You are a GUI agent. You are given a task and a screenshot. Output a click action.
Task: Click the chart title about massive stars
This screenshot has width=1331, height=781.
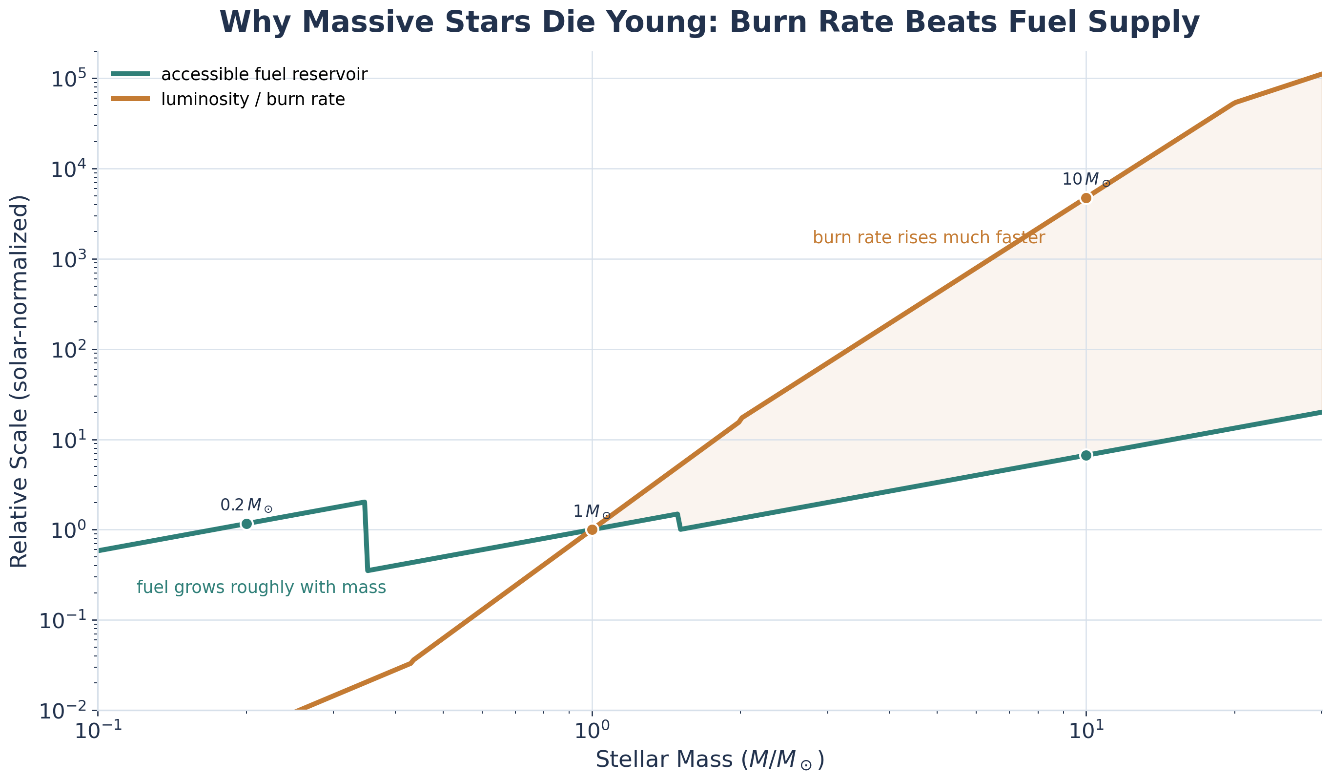pyautogui.click(x=709, y=23)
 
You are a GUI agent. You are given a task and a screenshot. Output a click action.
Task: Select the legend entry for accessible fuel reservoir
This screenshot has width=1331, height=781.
pyautogui.click(x=264, y=75)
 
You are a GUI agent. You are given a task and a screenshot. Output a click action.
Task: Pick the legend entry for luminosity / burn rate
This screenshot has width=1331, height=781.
pyautogui.click(x=252, y=99)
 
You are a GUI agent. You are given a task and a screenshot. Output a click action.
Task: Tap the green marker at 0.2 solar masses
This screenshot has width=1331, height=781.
pyautogui.click(x=246, y=524)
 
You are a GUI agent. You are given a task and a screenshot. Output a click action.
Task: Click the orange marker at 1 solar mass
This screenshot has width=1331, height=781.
pyautogui.click(x=592, y=529)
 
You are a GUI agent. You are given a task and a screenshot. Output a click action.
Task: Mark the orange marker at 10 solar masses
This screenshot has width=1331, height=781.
pyautogui.click(x=1086, y=198)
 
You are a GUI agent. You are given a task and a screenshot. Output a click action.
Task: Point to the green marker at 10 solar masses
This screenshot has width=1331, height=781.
pyautogui.click(x=1086, y=456)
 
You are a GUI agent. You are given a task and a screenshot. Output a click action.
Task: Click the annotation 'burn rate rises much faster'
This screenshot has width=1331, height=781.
pyautogui.click(x=928, y=238)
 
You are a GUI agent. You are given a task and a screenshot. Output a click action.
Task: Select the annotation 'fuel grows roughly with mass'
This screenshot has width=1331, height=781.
pyautogui.click(x=261, y=588)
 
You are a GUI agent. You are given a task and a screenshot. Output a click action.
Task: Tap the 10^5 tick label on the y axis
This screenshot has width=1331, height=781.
pyautogui.click(x=68, y=80)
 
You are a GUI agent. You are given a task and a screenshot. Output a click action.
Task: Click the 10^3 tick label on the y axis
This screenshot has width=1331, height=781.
pyautogui.click(x=68, y=260)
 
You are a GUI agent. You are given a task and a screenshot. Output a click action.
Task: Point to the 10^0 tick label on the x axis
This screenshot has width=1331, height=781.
pyautogui.click(x=592, y=731)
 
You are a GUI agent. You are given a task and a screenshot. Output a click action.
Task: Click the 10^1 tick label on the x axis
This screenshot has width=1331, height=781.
pyautogui.click(x=1086, y=731)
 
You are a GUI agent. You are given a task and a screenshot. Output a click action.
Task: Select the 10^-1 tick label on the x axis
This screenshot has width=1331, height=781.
pyautogui.click(x=98, y=731)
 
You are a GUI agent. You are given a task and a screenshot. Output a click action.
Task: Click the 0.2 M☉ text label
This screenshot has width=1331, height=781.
pyautogui.click(x=246, y=505)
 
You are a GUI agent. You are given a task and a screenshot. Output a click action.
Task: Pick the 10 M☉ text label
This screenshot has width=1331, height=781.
pyautogui.click(x=1086, y=180)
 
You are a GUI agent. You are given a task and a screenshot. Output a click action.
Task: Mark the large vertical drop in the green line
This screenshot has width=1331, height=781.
pyautogui.click(x=366, y=536)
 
